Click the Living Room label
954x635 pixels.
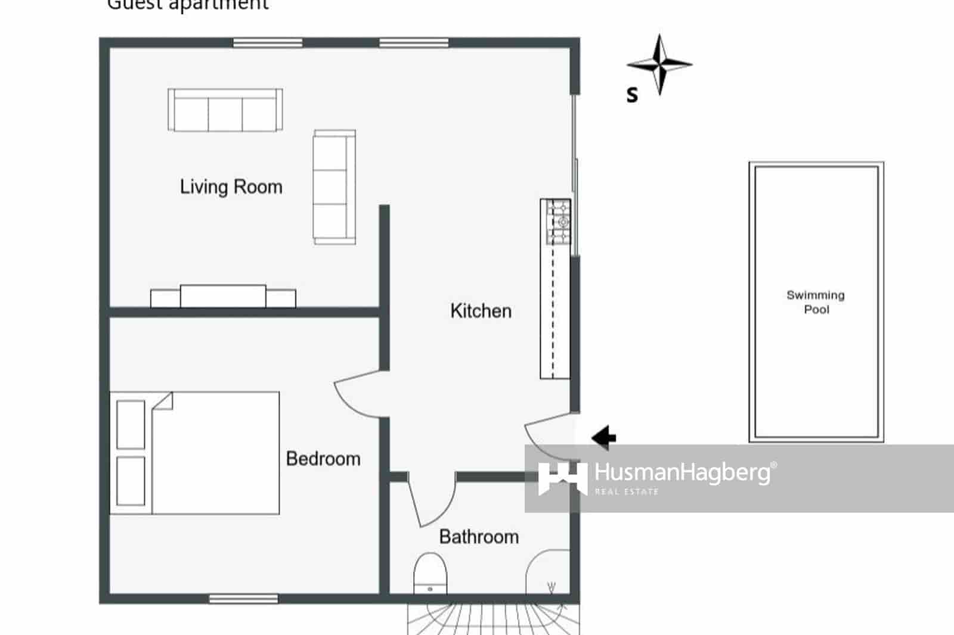(231, 187)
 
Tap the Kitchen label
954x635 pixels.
(481, 311)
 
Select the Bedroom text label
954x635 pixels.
(323, 459)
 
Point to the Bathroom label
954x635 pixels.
(479, 537)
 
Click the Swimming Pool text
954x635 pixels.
(816, 302)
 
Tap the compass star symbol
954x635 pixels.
(659, 64)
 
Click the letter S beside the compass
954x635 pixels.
(632, 95)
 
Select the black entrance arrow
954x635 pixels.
(603, 437)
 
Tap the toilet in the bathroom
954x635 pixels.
(430, 573)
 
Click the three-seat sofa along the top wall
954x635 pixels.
(225, 110)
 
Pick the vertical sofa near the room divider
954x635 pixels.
(334, 187)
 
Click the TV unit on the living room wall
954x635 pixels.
(223, 296)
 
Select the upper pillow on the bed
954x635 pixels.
(131, 425)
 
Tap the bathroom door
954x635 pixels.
(430, 500)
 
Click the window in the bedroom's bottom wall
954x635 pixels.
(243, 598)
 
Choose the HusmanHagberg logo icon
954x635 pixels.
(562, 478)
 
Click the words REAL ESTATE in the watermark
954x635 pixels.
(627, 492)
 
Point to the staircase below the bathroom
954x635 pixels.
(493, 620)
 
